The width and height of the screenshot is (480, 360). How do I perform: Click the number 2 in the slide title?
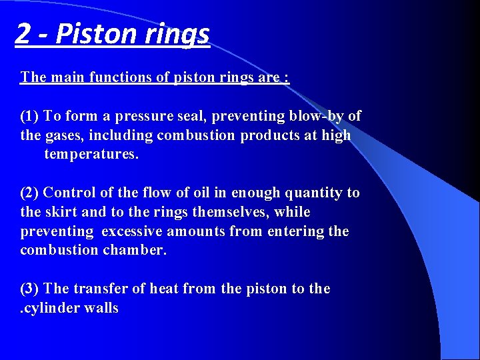click(x=23, y=33)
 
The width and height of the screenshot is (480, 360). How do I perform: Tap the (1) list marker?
click(x=31, y=116)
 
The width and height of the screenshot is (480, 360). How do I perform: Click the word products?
click(x=255, y=135)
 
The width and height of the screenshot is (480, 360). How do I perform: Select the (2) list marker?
click(x=31, y=193)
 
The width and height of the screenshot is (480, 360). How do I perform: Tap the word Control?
click(x=69, y=193)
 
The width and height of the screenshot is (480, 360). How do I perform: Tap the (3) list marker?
click(x=31, y=289)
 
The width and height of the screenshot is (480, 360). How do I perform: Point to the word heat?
click(x=163, y=289)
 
